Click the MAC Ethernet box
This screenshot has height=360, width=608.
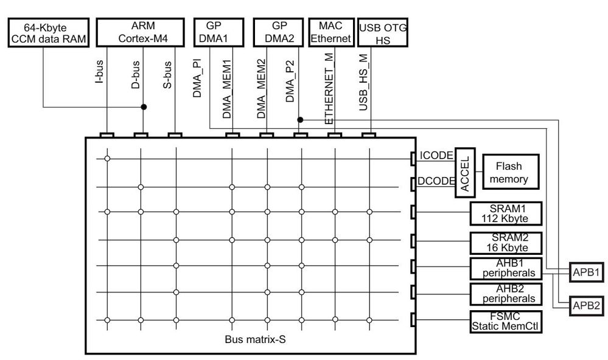pyautogui.click(x=330, y=32)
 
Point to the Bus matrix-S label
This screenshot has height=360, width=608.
pyautogui.click(x=252, y=339)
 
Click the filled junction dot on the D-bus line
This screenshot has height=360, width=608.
pyautogui.click(x=144, y=106)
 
